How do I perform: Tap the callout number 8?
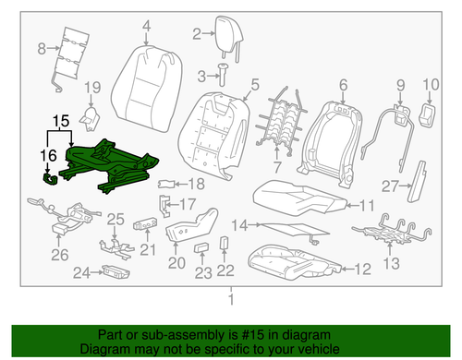(x=39, y=48)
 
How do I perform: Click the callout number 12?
(x=362, y=269)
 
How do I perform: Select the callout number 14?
(x=238, y=224)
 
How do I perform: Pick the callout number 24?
(x=80, y=272)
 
